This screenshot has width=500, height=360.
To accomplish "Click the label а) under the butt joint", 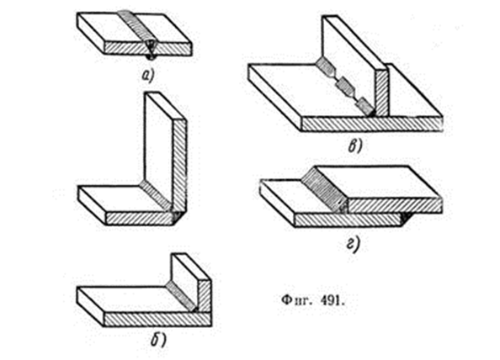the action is [x=147, y=76].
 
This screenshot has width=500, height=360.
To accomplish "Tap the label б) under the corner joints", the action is [x=158, y=341].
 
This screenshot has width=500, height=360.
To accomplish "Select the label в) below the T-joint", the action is [x=355, y=146].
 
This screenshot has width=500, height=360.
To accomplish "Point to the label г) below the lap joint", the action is [x=354, y=244].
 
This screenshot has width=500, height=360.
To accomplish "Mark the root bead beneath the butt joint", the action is [x=150, y=57].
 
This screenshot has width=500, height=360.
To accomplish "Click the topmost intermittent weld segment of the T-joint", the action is [x=327, y=68].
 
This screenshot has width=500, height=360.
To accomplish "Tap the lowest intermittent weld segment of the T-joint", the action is [x=366, y=107].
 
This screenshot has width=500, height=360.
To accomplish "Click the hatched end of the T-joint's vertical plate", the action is [x=381, y=93].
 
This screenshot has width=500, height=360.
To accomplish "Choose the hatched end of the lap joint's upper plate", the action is [x=395, y=205].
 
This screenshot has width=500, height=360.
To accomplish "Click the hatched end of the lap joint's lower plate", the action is [x=347, y=220].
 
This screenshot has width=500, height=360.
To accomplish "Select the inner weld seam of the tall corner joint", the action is [x=157, y=196].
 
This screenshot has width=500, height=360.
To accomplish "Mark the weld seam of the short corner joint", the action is [x=181, y=295].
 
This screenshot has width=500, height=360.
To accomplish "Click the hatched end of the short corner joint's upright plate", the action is [x=205, y=296].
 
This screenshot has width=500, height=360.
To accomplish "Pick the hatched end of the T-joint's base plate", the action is [x=372, y=124].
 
